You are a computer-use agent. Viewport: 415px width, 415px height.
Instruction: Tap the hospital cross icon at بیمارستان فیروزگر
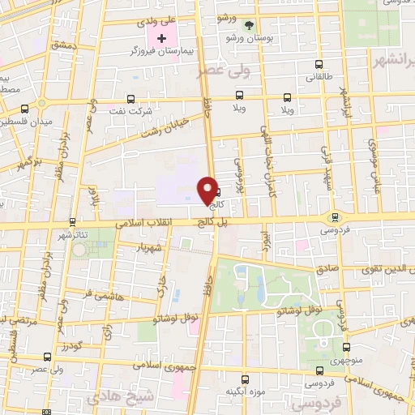click(162, 38)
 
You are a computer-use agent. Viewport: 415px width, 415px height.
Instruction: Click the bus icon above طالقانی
click(319, 64)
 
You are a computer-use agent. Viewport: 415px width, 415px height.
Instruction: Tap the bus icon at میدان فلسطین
click(26, 108)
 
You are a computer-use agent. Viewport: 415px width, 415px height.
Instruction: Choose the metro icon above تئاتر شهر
click(72, 220)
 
